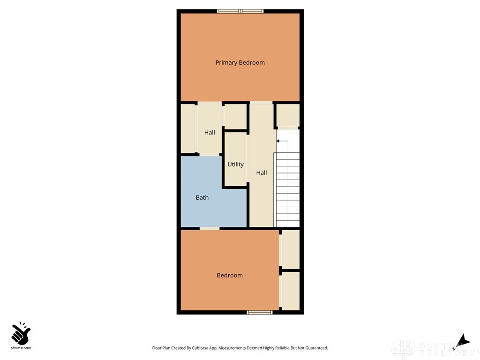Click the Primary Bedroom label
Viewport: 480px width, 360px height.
coord(240,62)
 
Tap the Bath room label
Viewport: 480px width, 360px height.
coord(202,197)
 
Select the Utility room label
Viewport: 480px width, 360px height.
coord(235,164)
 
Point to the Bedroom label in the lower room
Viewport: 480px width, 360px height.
coord(230,275)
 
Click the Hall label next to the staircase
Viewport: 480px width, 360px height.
coord(262,172)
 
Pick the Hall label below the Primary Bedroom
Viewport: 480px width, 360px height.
coord(210,133)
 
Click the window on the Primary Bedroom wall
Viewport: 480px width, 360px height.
coord(240,11)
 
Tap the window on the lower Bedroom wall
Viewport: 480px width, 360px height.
coord(260,312)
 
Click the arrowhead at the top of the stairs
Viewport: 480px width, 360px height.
coord(278,141)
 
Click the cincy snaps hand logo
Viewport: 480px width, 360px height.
coord(21,334)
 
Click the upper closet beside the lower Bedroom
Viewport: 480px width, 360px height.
coord(291,249)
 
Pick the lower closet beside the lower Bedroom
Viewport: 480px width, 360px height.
coord(291,291)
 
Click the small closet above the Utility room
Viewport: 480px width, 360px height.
coord(235,116)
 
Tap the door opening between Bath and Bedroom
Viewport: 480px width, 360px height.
coord(210,228)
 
